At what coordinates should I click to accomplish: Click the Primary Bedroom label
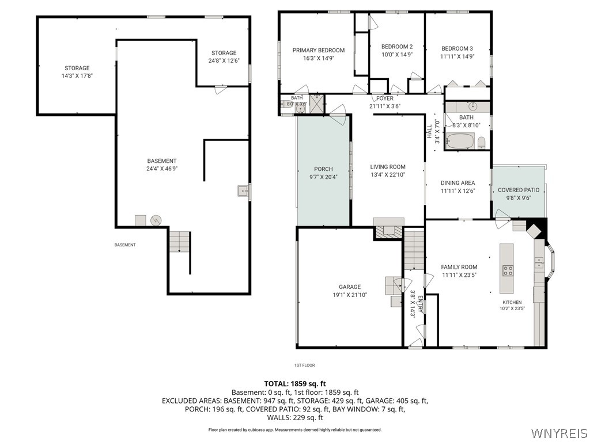[318, 51]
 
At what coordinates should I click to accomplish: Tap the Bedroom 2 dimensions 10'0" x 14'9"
[397, 55]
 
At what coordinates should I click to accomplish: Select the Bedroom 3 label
[457, 48]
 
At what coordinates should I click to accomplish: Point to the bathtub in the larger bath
[460, 142]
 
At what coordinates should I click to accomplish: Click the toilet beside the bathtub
[481, 143]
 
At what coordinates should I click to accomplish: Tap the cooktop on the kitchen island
[508, 270]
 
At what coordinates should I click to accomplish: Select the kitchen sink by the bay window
[539, 262]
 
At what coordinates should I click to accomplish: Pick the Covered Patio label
[519, 190]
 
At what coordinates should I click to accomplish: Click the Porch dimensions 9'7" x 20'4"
[323, 177]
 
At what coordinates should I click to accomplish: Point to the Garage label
[350, 287]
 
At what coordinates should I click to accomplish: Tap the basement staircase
[180, 242]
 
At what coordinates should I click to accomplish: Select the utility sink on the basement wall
[243, 191]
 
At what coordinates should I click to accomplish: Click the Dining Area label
[457, 183]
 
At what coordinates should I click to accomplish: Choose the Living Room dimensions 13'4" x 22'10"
[388, 175]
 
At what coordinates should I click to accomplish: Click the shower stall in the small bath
[316, 104]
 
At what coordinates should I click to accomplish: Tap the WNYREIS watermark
[558, 433]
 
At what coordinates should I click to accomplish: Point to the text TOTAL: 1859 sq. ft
[295, 384]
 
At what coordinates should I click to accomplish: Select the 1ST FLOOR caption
[304, 365]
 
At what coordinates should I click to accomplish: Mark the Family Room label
[459, 267]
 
